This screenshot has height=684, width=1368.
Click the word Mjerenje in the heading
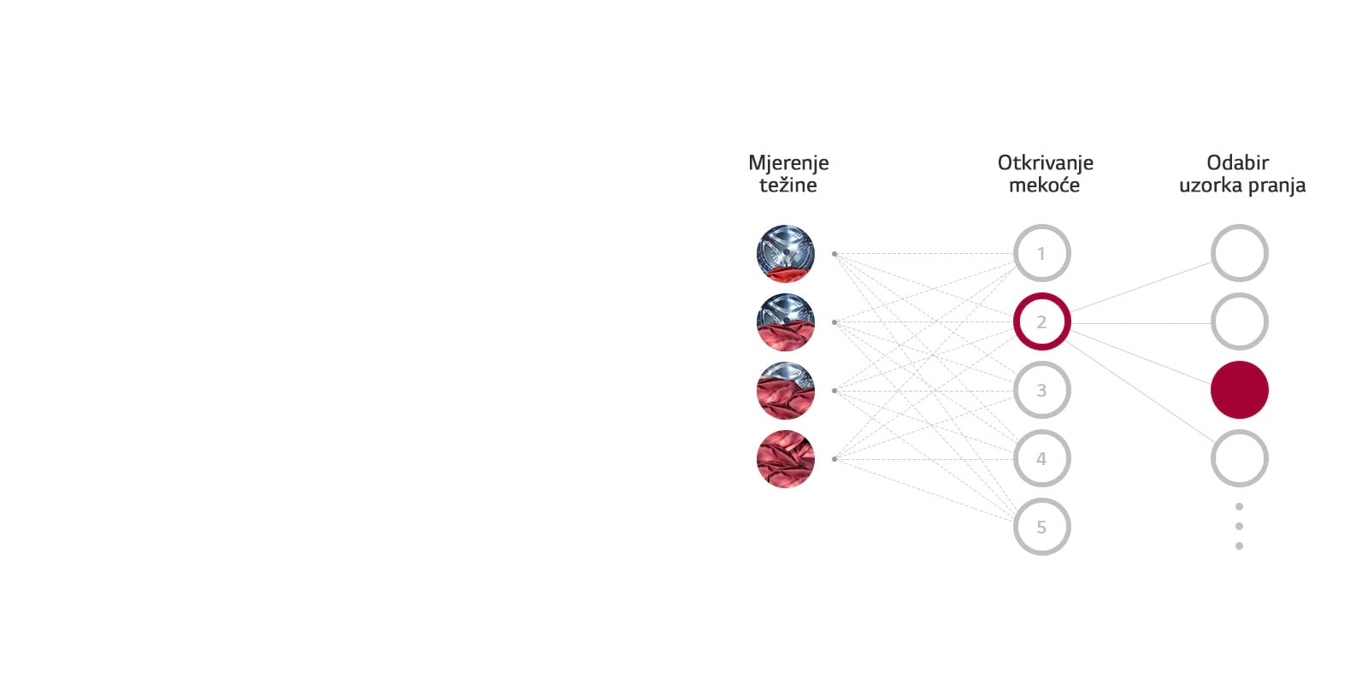click(x=788, y=163)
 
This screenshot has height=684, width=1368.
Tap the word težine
click(x=787, y=185)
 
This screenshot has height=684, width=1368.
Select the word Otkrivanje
click(x=1045, y=163)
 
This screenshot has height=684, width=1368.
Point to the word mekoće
click(x=1044, y=185)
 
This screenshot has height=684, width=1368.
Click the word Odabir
click(x=1238, y=162)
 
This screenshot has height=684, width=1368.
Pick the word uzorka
click(x=1211, y=185)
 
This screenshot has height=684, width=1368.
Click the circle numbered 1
click(x=1042, y=253)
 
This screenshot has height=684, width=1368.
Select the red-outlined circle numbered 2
click(x=1042, y=321)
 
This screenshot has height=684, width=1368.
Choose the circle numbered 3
click(x=1042, y=390)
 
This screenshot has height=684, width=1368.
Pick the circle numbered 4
click(x=1042, y=458)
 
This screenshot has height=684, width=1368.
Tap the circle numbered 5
click(x=1042, y=527)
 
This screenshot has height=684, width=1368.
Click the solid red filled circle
click(x=1240, y=390)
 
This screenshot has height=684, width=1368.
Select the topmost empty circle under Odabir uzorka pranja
click(x=1240, y=253)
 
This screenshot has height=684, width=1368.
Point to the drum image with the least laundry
click(x=786, y=253)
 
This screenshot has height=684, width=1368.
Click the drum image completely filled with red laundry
click(x=786, y=458)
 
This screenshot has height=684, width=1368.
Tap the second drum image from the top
click(x=786, y=321)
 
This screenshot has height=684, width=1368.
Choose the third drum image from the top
click(x=786, y=390)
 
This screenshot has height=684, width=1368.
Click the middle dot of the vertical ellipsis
click(x=1239, y=526)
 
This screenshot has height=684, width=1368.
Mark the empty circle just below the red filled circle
click(x=1240, y=458)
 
